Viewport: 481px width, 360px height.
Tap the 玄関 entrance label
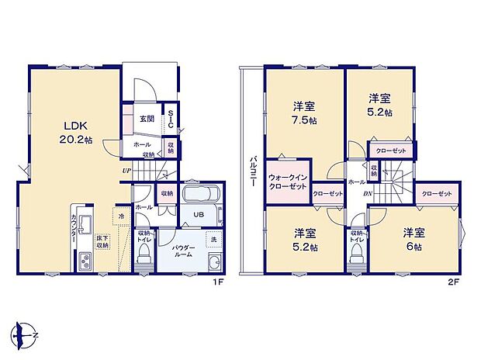(x=147, y=119)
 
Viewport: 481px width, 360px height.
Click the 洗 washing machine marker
(x=212, y=241)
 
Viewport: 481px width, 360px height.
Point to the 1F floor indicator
(x=220, y=282)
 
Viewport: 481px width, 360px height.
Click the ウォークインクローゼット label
(x=289, y=181)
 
